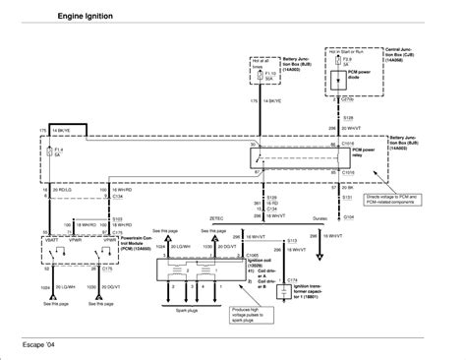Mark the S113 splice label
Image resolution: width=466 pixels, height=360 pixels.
(x=291, y=239)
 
